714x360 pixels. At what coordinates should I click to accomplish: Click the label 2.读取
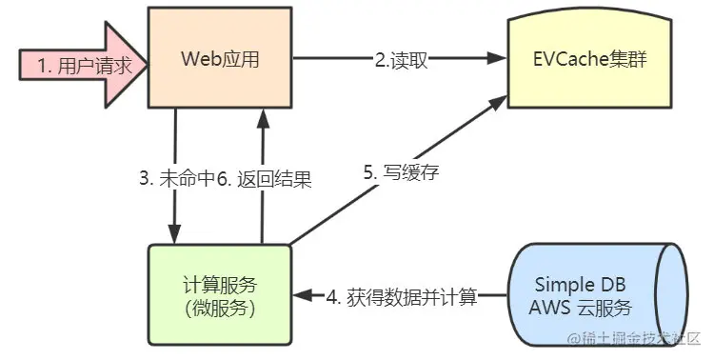pos(401,59)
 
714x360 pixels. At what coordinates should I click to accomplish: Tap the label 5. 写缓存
pos(394,174)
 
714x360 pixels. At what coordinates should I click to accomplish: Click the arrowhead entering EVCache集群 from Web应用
pos(494,58)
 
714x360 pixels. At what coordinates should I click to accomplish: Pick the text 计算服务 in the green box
pos(219,284)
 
